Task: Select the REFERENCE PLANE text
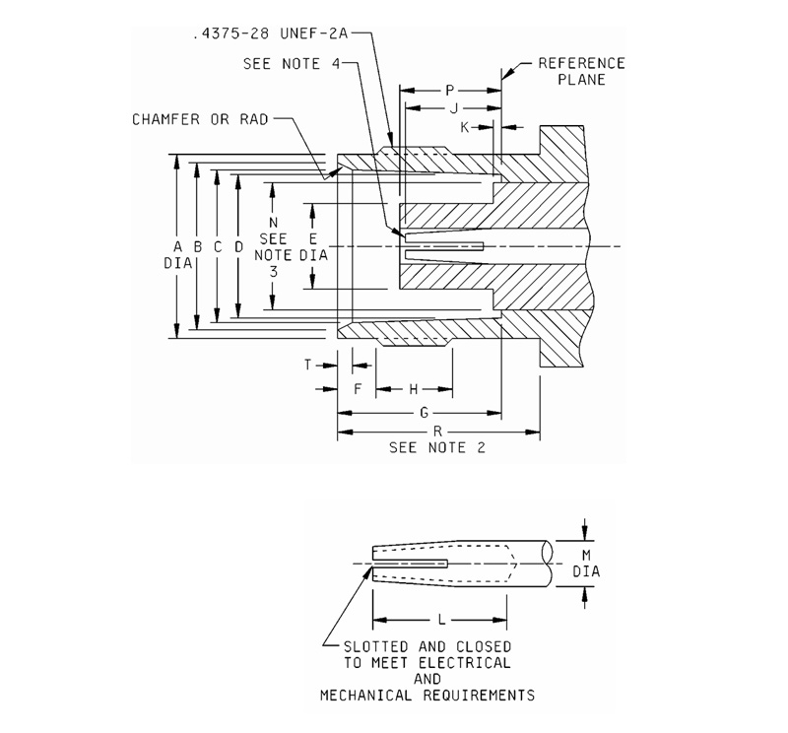(x=580, y=71)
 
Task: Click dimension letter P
(x=448, y=90)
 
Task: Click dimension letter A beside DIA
(x=176, y=246)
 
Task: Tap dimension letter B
(x=197, y=246)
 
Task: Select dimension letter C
(x=218, y=246)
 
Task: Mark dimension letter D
(x=237, y=246)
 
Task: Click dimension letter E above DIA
(x=312, y=239)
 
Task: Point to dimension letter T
(x=307, y=365)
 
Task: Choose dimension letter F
(x=358, y=389)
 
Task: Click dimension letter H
(x=414, y=389)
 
